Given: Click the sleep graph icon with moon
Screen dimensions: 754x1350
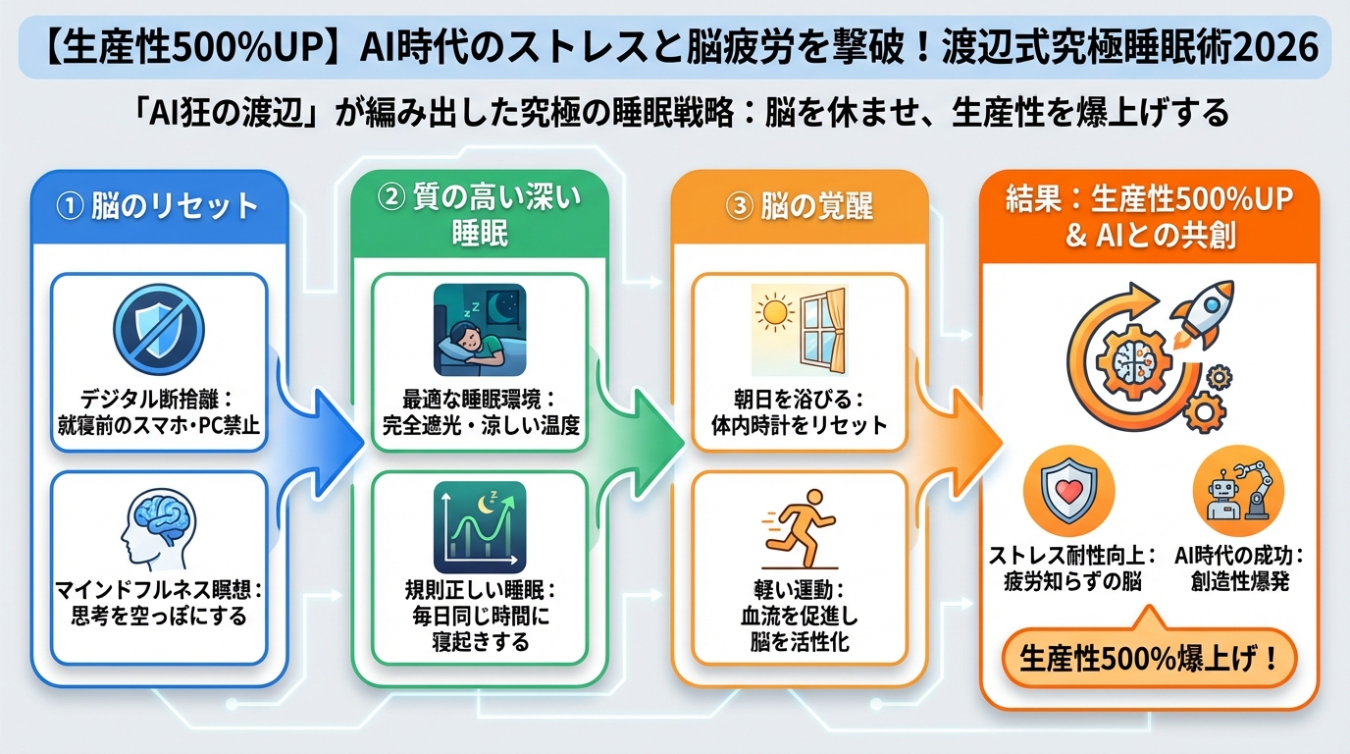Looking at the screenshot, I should click(479, 527).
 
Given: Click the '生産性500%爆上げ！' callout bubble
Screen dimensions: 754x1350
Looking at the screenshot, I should click(1149, 659).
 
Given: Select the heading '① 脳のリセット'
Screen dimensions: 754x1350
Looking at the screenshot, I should click(159, 206).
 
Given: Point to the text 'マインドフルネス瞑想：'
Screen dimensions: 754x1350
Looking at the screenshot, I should click(159, 591).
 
